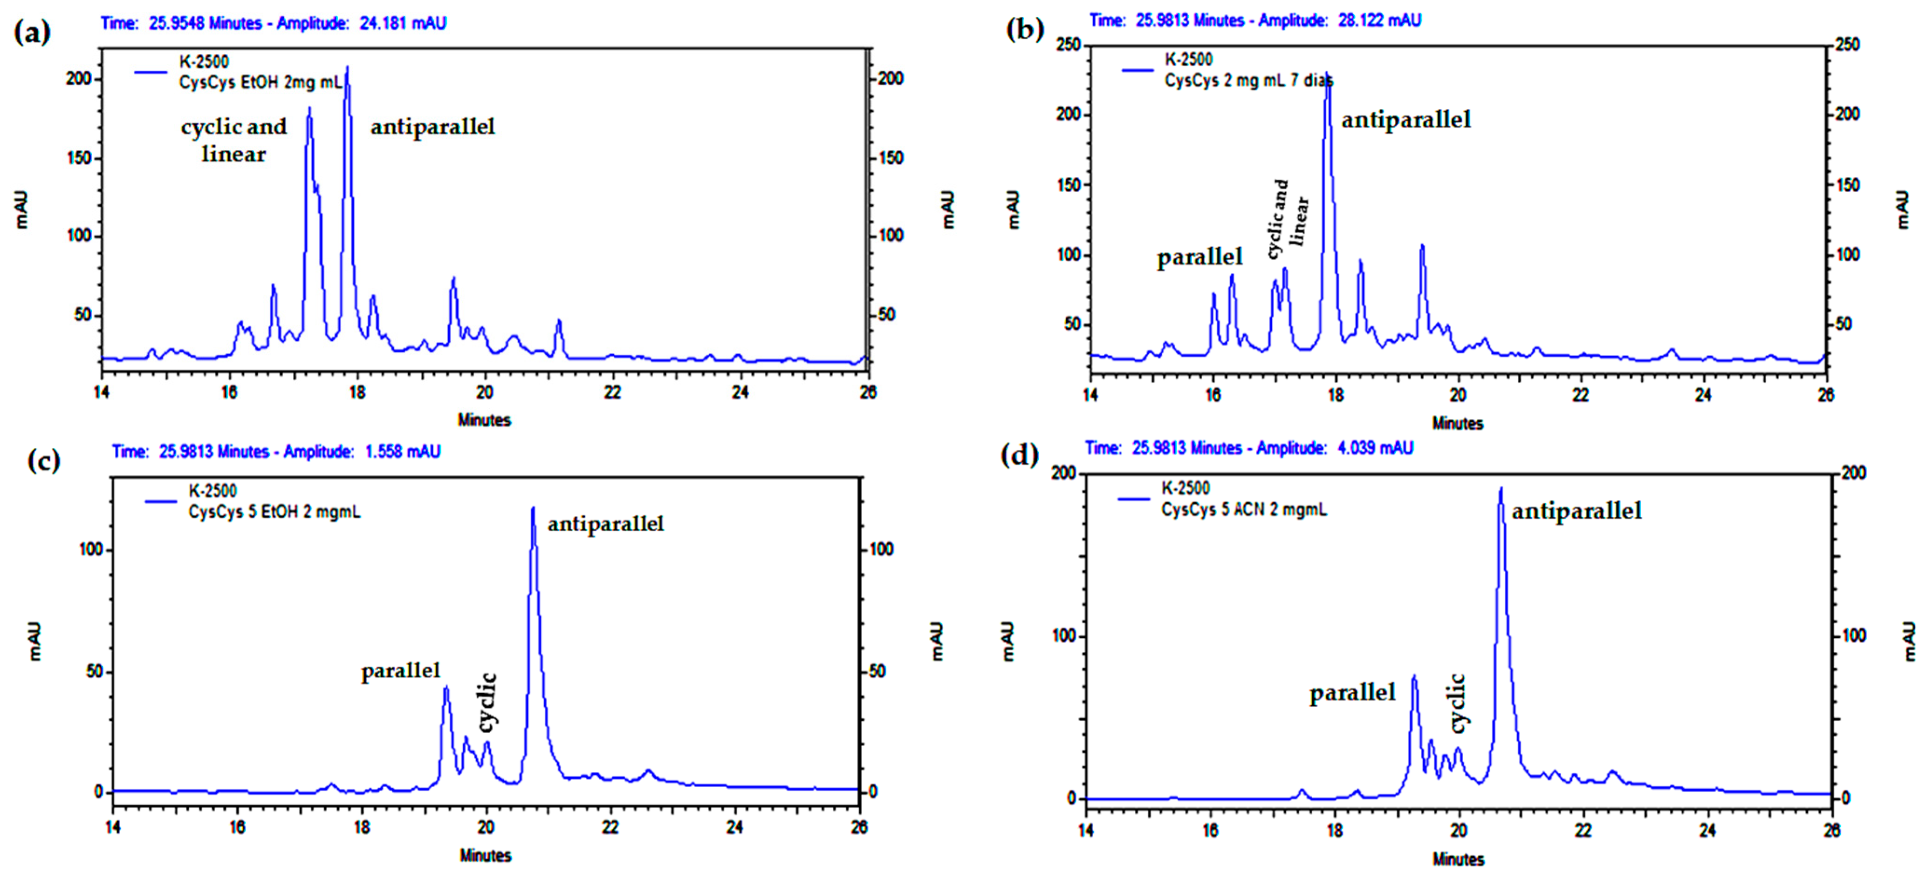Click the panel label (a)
32,33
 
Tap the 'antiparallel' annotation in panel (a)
432,127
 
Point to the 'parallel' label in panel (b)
1199,258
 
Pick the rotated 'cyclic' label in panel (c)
487,702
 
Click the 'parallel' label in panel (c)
401,671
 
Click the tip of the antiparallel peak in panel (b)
1327,73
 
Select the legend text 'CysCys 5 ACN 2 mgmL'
1243,510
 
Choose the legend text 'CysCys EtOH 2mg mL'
260,83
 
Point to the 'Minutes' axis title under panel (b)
1457,424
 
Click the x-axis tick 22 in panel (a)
612,392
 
